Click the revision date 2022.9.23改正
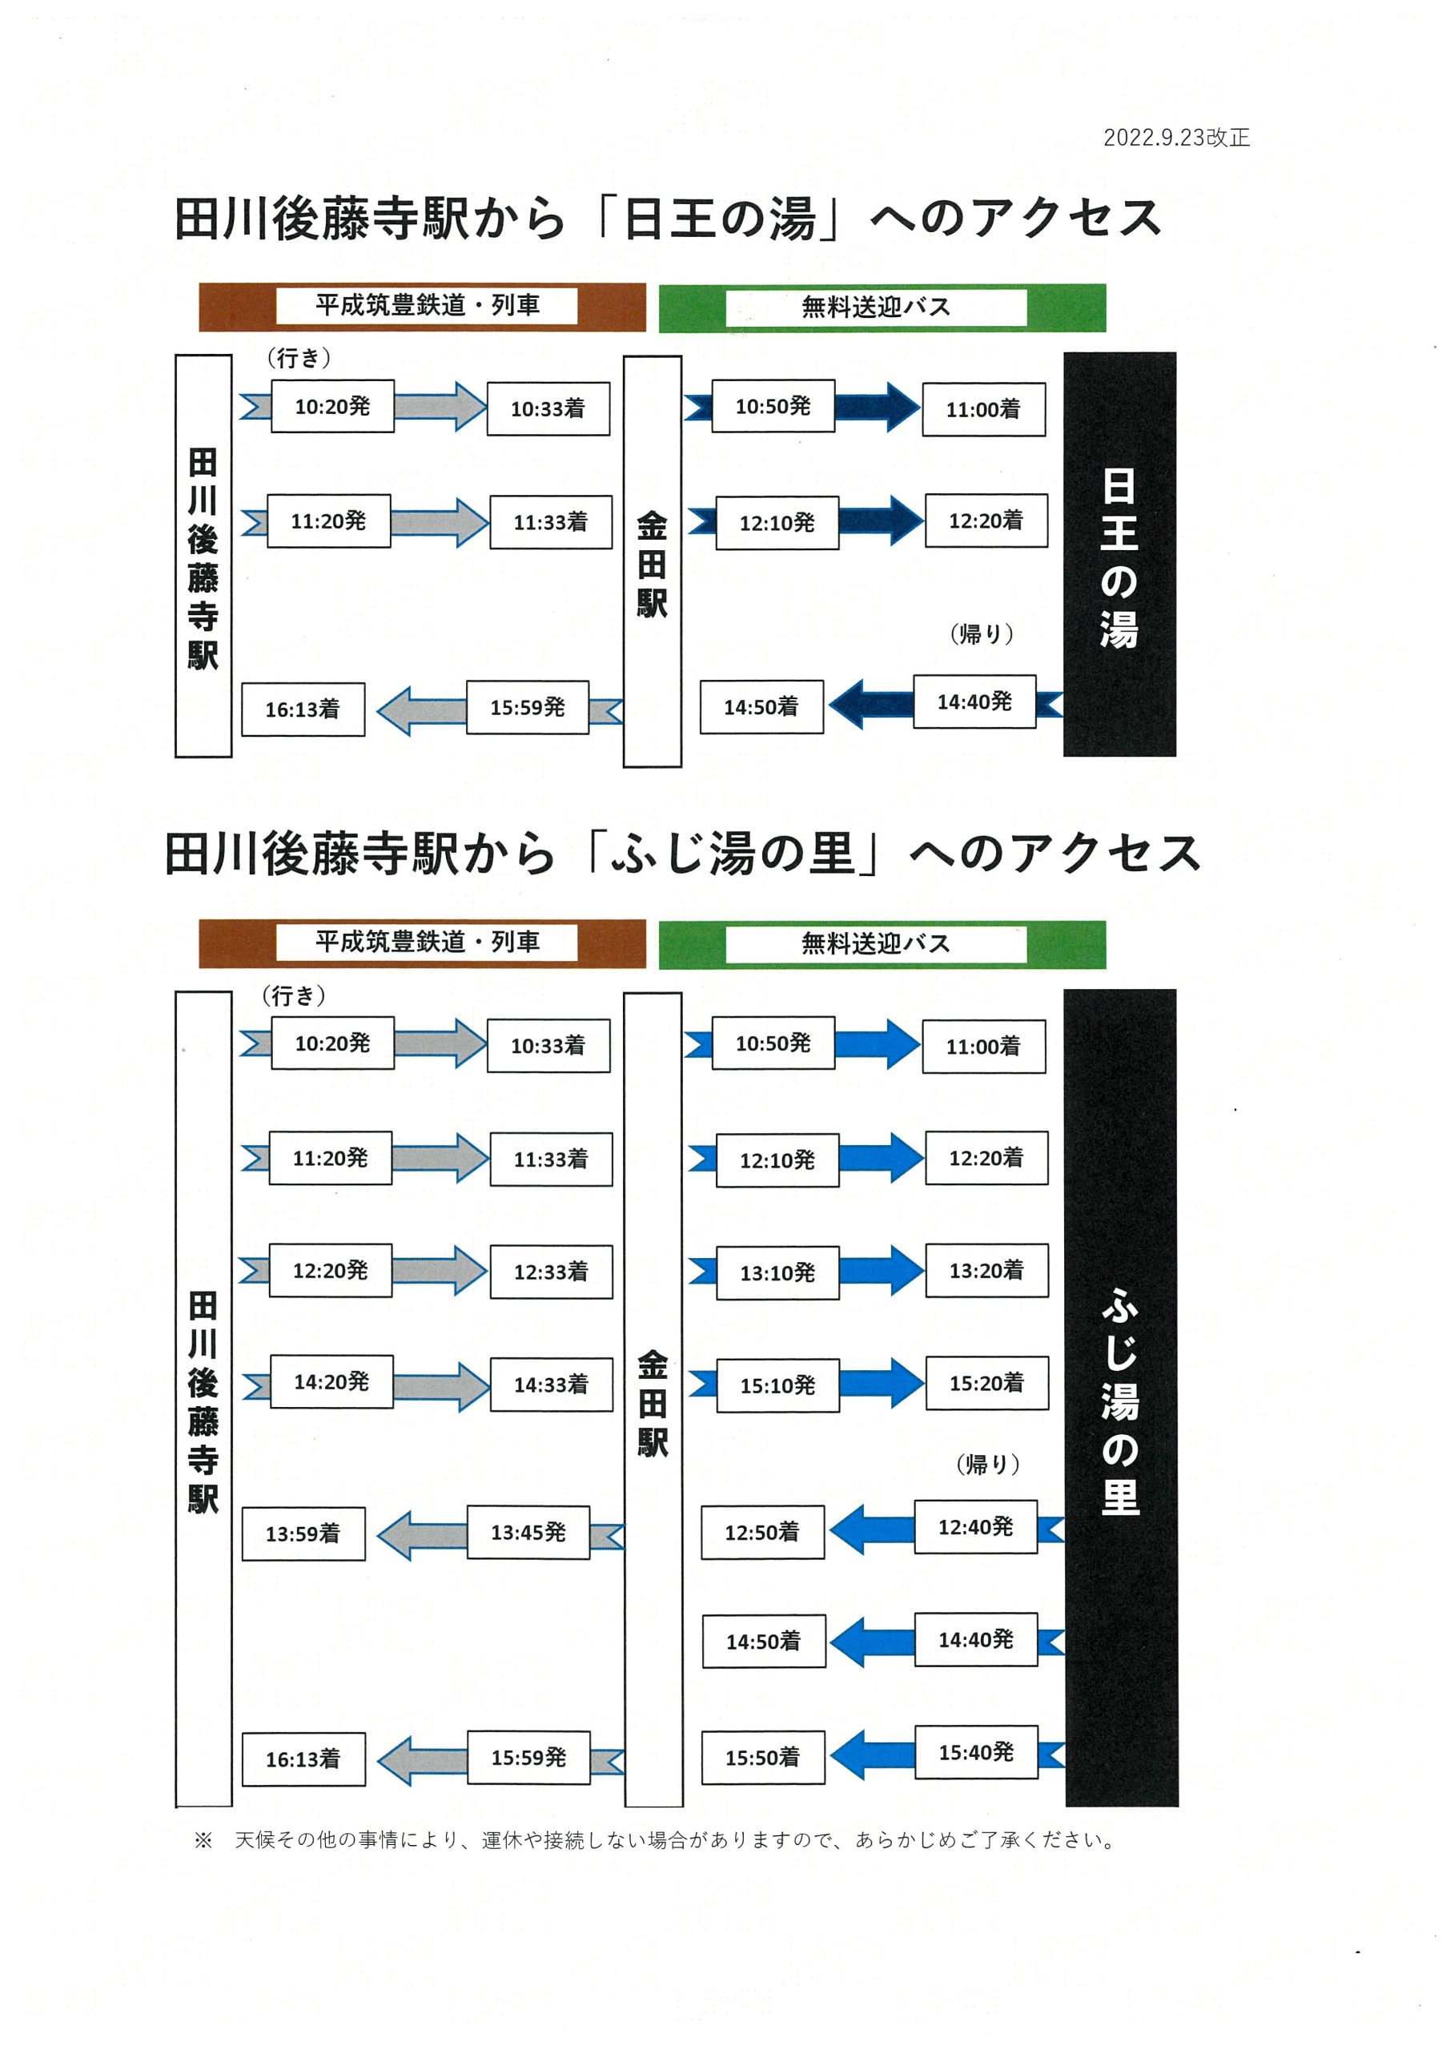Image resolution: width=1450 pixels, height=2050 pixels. (1176, 138)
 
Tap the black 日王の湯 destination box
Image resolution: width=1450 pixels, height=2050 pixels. (1119, 554)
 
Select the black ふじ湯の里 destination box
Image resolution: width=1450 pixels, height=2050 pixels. (1122, 1397)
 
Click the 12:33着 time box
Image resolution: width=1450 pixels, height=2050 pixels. (551, 1272)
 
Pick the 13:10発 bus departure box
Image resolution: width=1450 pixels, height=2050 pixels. (777, 1272)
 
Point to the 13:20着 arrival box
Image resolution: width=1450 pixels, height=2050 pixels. (986, 1270)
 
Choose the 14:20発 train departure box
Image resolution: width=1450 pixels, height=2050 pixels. (331, 1381)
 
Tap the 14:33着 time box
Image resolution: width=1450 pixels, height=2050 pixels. (551, 1384)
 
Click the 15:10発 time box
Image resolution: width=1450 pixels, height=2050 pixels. (777, 1385)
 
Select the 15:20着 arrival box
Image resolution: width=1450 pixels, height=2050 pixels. (986, 1383)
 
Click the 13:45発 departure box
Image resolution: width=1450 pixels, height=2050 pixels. (528, 1532)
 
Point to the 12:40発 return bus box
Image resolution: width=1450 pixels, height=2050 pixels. (975, 1527)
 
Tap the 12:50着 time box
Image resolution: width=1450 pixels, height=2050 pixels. (761, 1532)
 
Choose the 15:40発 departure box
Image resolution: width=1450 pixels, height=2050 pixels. (976, 1752)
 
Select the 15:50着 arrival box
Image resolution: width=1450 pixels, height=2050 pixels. (762, 1757)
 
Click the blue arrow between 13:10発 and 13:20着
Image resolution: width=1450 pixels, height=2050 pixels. (882, 1271)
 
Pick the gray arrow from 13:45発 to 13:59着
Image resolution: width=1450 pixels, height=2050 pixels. (421, 1536)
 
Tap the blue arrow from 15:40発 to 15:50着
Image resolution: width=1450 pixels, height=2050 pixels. (871, 1755)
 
